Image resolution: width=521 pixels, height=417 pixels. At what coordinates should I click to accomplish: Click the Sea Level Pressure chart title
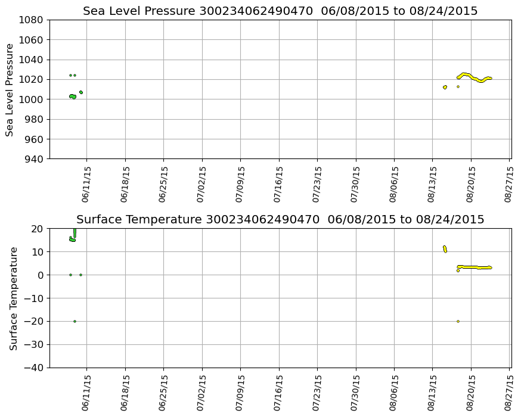click(280, 11)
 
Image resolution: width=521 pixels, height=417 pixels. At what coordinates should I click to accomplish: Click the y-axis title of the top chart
click(10, 89)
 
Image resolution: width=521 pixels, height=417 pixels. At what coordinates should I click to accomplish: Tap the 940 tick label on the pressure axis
click(33, 159)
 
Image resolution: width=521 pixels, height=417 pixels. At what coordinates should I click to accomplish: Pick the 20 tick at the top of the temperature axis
click(37, 229)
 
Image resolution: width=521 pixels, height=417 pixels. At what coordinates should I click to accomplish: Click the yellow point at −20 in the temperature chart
click(458, 321)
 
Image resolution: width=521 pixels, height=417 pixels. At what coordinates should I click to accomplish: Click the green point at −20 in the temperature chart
click(75, 321)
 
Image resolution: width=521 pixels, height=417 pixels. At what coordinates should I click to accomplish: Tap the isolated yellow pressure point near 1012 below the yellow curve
click(458, 86)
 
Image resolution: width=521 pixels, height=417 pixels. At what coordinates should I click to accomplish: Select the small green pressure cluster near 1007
click(80, 92)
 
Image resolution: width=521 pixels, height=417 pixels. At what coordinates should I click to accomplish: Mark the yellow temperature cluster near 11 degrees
click(445, 248)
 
